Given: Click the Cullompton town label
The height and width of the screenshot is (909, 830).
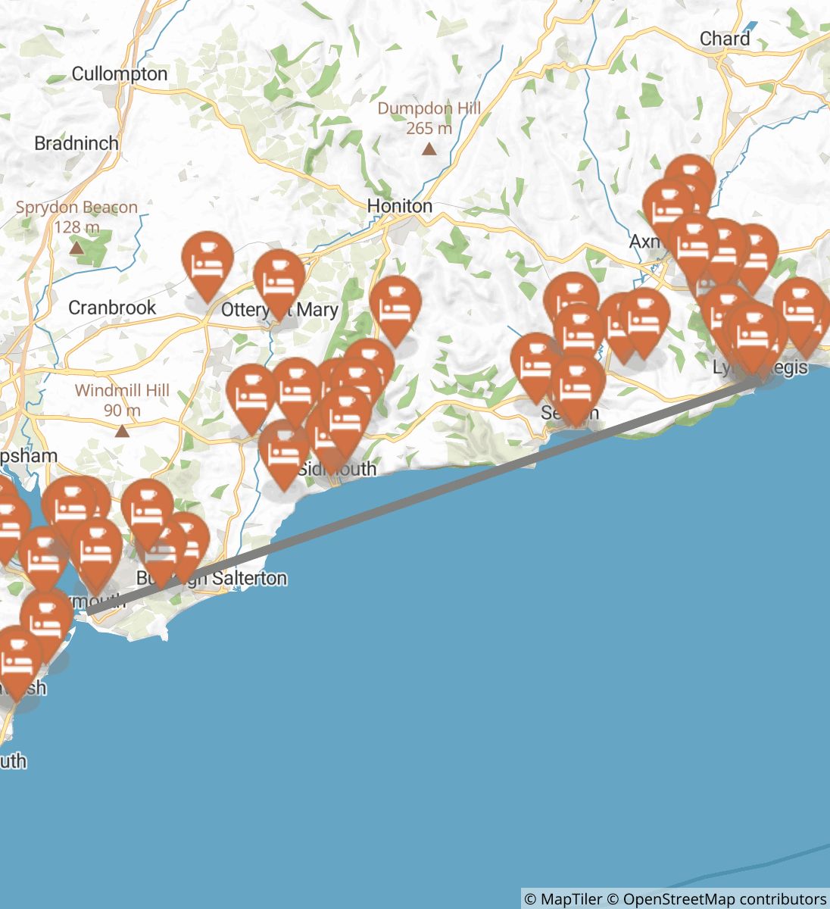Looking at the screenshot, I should click(x=119, y=74).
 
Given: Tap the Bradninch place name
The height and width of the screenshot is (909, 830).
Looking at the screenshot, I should click(x=76, y=143).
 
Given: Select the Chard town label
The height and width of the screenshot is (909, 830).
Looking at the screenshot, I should click(x=725, y=39).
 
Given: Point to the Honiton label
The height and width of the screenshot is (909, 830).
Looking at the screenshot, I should click(x=399, y=206).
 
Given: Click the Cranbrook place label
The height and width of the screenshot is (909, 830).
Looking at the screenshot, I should click(x=112, y=308).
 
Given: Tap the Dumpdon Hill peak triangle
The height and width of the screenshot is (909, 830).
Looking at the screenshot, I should click(x=429, y=149).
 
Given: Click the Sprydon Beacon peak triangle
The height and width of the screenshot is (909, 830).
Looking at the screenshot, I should click(x=76, y=248).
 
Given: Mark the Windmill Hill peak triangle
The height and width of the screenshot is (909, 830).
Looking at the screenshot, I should click(x=122, y=431).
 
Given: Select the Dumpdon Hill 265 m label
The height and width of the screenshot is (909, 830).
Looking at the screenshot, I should click(x=429, y=118).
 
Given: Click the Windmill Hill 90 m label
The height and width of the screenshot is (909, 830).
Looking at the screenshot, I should click(x=122, y=401).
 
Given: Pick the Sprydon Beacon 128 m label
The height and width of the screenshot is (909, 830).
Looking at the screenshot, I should click(x=76, y=217).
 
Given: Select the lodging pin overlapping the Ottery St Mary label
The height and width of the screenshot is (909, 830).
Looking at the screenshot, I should click(x=279, y=280).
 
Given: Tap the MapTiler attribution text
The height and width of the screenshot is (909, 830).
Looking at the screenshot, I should click(x=563, y=899).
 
